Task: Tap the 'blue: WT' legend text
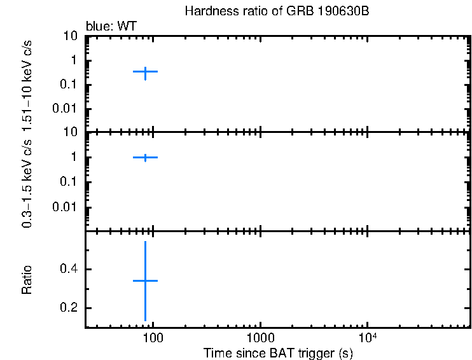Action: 111,27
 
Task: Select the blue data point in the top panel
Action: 145,72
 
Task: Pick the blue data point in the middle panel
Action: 145,157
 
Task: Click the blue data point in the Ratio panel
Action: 145,280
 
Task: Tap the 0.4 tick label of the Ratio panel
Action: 69,270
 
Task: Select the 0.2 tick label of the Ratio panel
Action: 69,308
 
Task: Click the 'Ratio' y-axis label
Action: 27,280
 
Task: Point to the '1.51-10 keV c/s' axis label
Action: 27,85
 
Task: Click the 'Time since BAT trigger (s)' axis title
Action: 278,352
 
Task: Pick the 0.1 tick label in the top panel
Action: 69,85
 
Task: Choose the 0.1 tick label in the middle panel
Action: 69,182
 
